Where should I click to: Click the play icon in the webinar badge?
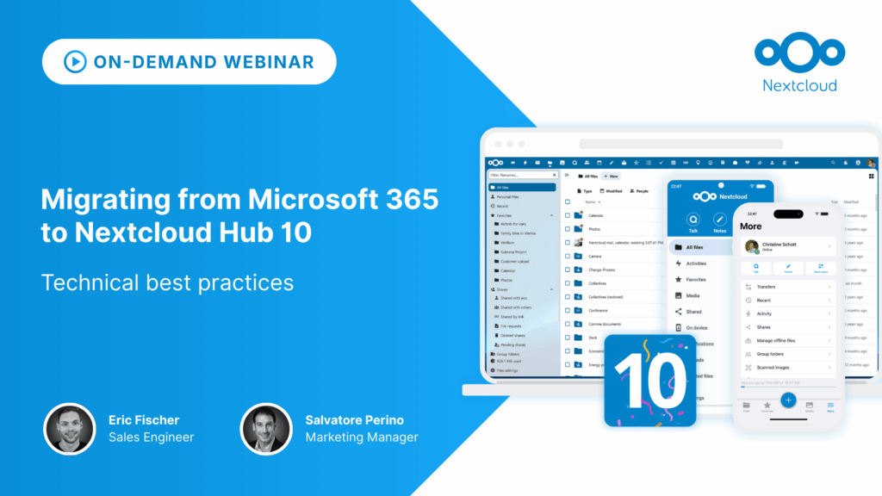[x=74, y=61]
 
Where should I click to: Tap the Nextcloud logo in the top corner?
[x=798, y=53]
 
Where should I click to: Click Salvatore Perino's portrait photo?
[x=266, y=429]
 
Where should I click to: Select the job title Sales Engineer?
[x=152, y=437]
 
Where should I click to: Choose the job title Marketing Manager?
[x=362, y=437]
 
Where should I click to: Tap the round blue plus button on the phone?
[x=788, y=400]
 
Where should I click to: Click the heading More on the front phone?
[x=751, y=226]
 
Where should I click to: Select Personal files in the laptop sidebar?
[x=508, y=197]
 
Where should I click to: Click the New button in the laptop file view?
[x=611, y=176]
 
